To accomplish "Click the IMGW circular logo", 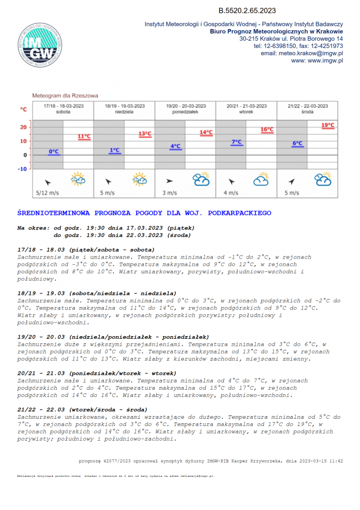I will click(x=40, y=45).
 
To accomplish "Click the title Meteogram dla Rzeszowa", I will click(x=65, y=95).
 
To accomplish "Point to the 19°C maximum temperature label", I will click(x=328, y=125).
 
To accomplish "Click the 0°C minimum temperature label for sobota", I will click(x=54, y=151).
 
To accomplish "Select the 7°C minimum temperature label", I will click(x=237, y=142).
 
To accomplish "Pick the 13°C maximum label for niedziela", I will click(x=145, y=134).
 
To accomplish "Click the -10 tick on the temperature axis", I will click(x=23, y=169).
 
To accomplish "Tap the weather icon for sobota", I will click(x=78, y=179).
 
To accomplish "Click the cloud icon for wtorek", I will click(x=262, y=179).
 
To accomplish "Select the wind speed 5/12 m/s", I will click(x=47, y=193).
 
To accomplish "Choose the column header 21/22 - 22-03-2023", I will click(x=307, y=106).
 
